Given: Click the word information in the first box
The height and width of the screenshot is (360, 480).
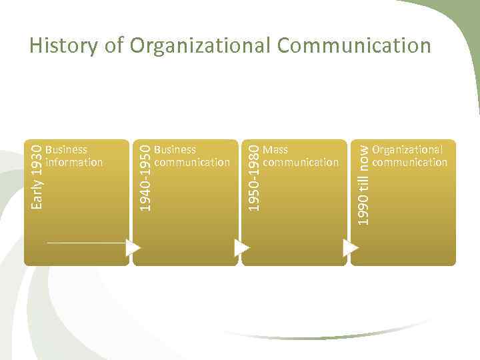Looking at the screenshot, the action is [74, 162].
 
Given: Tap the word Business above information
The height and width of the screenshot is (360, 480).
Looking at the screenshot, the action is [67, 150].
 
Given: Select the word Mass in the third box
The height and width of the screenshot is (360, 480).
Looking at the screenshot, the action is [275, 150].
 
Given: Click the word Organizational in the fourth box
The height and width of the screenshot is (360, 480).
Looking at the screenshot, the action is [407, 150].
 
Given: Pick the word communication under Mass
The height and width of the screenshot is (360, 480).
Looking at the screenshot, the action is [301, 162].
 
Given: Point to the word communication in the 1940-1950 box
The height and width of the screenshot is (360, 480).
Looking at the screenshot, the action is [192, 162].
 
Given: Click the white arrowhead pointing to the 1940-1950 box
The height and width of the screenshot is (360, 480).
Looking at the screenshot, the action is [133, 247].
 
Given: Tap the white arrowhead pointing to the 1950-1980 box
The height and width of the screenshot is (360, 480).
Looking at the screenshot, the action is [241, 247].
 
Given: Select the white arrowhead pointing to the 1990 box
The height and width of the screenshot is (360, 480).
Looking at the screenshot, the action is [351, 247].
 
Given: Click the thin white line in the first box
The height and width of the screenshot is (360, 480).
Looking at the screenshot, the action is [87, 243].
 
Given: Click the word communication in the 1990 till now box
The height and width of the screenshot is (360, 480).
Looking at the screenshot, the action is [410, 162].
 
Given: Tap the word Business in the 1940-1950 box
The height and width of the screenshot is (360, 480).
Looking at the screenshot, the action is [175, 150].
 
